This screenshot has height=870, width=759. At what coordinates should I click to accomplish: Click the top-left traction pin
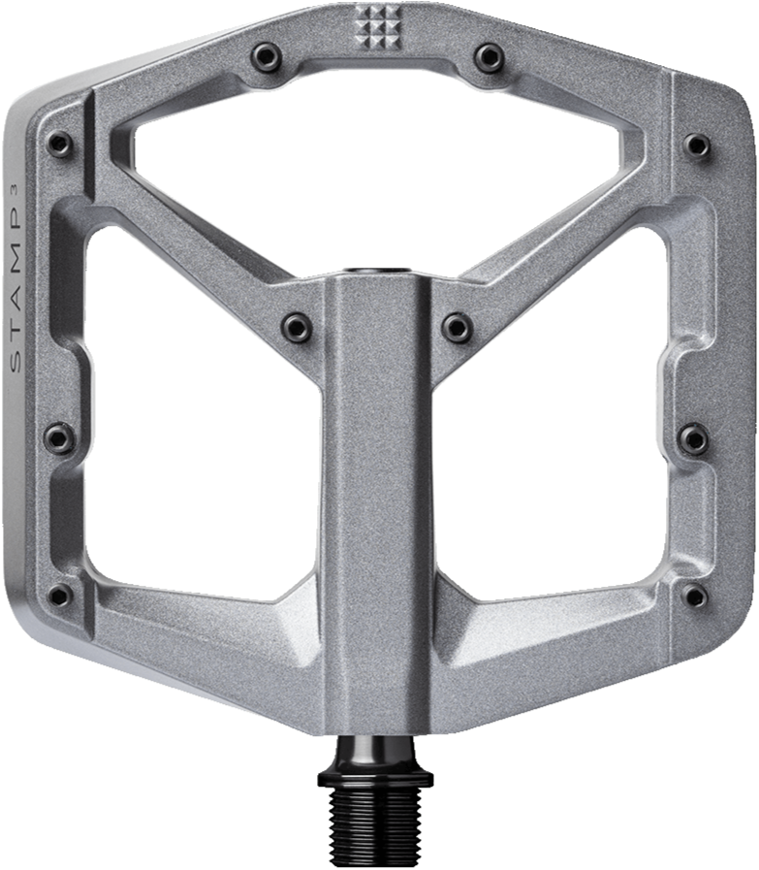tap(269, 56)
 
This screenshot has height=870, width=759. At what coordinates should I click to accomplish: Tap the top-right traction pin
tap(490, 56)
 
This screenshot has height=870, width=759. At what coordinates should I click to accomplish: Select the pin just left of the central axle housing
tap(297, 326)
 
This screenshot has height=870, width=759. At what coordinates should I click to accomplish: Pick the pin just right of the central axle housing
tap(458, 326)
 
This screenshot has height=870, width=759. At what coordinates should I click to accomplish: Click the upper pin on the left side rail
tap(60, 144)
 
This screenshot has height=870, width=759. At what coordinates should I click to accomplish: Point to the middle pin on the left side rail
tap(59, 437)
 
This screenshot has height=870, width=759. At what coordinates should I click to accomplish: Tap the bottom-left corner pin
tap(60, 595)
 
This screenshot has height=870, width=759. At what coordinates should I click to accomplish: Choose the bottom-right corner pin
tap(694, 595)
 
